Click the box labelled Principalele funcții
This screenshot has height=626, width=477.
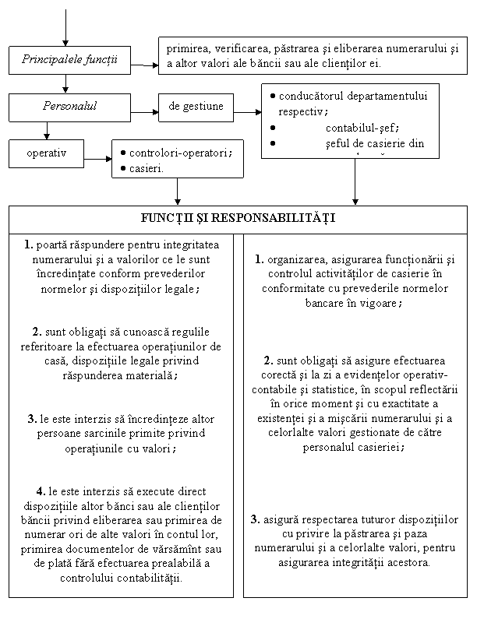point(69,59)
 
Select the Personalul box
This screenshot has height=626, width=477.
point(69,107)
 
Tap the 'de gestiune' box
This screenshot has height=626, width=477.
point(196,107)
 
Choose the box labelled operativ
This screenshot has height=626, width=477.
point(45,153)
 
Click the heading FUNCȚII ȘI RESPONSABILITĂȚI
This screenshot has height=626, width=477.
point(238,217)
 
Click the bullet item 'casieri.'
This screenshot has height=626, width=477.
point(146,168)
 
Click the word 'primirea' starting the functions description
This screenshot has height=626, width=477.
point(187,48)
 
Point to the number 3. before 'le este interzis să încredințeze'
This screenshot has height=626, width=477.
point(32,420)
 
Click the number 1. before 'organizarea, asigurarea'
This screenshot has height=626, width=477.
point(259,260)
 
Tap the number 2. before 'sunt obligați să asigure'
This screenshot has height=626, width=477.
point(268,360)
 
